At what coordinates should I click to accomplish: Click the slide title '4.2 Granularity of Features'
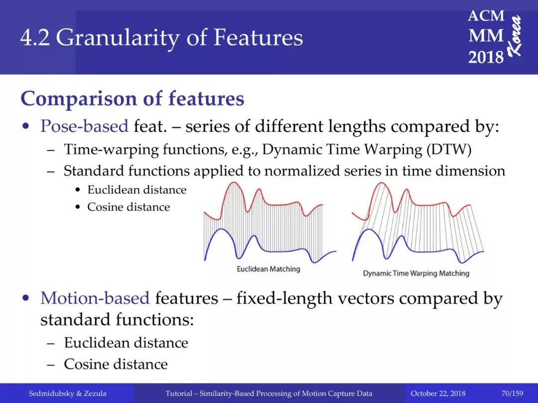[x=161, y=37]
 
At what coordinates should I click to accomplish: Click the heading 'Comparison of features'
[x=133, y=99]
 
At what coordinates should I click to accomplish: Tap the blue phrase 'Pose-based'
[x=84, y=126]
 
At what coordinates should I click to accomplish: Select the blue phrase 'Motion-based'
[x=95, y=298]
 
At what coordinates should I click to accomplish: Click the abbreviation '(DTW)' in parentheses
[x=449, y=150]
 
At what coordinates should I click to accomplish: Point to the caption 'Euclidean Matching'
[x=269, y=269]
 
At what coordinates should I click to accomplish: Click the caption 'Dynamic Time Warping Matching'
[x=416, y=273]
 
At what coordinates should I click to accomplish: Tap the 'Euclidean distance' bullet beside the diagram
[x=136, y=190]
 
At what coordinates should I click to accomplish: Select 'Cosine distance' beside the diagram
[x=129, y=207]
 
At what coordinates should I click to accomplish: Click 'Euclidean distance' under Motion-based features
[x=126, y=343]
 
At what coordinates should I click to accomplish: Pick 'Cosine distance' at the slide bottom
[x=116, y=364]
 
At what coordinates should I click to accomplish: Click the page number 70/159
[x=512, y=393]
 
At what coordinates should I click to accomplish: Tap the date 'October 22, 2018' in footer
[x=438, y=393]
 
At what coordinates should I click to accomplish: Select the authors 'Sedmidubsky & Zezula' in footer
[x=67, y=393]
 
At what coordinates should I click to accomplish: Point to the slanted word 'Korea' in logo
[x=515, y=36]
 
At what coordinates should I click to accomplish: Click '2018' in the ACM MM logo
[x=486, y=57]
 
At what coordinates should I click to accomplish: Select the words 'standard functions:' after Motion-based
[x=117, y=319]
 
